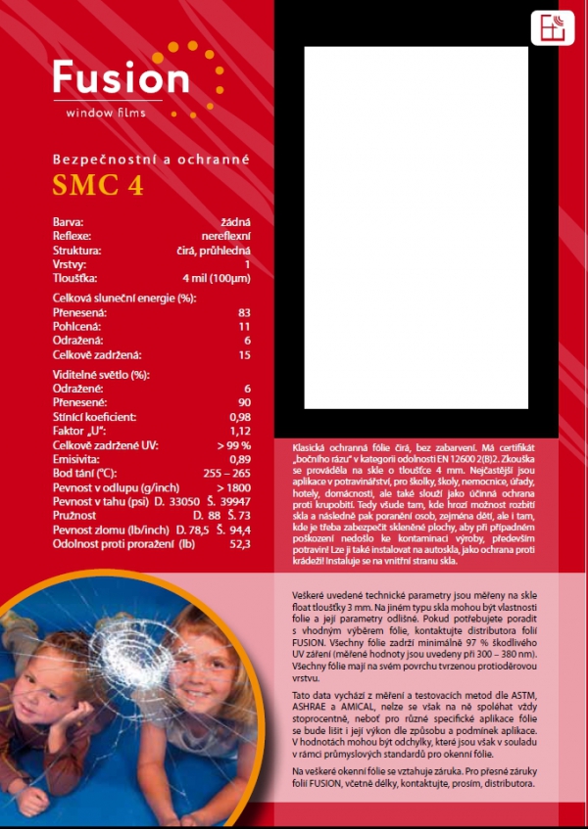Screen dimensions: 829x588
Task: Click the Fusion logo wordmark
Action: (120, 78)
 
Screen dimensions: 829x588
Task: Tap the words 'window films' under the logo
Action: (105, 114)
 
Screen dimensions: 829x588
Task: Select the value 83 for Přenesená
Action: (244, 312)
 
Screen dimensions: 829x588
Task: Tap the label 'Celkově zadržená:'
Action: (97, 353)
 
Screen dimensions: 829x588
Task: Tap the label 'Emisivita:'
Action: (77, 458)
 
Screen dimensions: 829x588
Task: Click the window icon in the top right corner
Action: (553, 27)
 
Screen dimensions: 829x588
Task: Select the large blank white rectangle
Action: (416, 227)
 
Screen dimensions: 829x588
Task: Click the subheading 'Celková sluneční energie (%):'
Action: (124, 298)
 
